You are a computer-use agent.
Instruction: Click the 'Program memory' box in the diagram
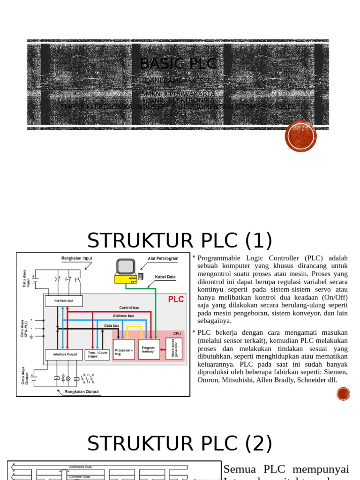[149, 349]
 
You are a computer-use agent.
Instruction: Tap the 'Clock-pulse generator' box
[174, 348]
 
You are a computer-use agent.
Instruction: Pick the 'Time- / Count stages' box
[97, 354]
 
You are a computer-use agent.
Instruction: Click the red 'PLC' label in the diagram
[176, 300]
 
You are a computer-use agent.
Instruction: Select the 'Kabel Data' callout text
[165, 277]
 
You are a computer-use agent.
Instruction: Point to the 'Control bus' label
[129, 308]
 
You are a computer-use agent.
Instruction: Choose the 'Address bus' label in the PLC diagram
[124, 316]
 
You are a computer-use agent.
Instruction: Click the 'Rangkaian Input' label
[78, 258]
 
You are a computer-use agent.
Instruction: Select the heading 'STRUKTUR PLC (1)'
[180, 241]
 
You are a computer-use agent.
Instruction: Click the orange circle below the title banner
[300, 136]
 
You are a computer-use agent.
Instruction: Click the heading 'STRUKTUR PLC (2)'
[180, 443]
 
